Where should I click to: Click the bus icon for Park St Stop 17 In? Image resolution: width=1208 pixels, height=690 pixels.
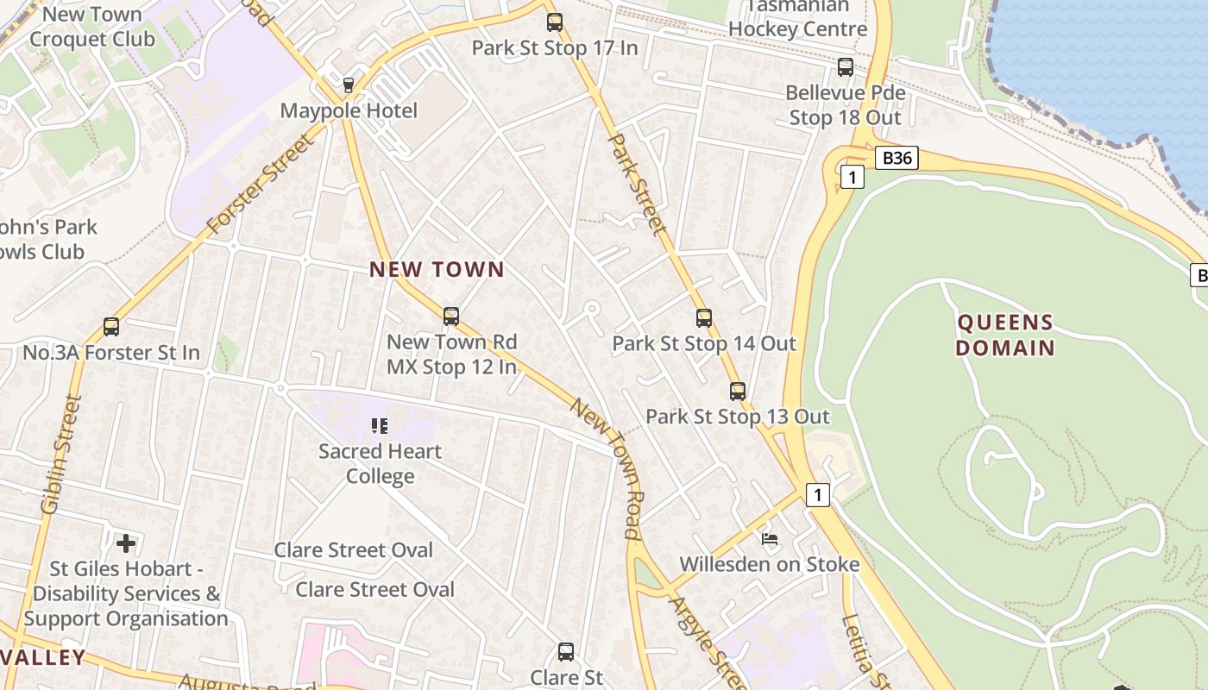(554, 22)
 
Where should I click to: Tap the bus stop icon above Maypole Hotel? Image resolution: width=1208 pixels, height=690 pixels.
(349, 85)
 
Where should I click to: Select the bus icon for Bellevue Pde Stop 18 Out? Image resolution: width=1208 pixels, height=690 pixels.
(846, 67)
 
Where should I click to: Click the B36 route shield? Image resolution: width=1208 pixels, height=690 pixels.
(897, 158)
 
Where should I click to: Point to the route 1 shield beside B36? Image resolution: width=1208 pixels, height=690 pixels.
(852, 178)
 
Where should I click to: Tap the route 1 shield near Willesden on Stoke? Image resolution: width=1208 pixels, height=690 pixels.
(818, 495)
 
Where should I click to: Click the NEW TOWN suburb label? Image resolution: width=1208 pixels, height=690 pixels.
(437, 269)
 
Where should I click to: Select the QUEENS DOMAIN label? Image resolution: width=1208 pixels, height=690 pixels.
(1006, 336)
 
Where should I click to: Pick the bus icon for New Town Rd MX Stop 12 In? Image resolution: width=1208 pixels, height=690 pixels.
(450, 317)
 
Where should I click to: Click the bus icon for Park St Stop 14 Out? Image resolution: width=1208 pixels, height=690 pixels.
(704, 318)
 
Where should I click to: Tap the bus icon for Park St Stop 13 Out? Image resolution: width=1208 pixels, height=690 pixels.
(738, 392)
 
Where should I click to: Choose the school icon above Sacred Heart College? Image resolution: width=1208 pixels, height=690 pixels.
(380, 425)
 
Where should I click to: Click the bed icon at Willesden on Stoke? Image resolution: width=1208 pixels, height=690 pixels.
(770, 539)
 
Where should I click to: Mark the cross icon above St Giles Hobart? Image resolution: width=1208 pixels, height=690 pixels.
(126, 543)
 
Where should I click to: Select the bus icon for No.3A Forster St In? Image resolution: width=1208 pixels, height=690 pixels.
(111, 327)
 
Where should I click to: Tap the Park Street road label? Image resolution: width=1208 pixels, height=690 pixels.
(638, 184)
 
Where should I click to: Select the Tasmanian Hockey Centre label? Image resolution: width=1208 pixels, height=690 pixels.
(797, 18)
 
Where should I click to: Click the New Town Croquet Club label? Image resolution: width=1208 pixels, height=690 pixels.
(91, 27)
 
